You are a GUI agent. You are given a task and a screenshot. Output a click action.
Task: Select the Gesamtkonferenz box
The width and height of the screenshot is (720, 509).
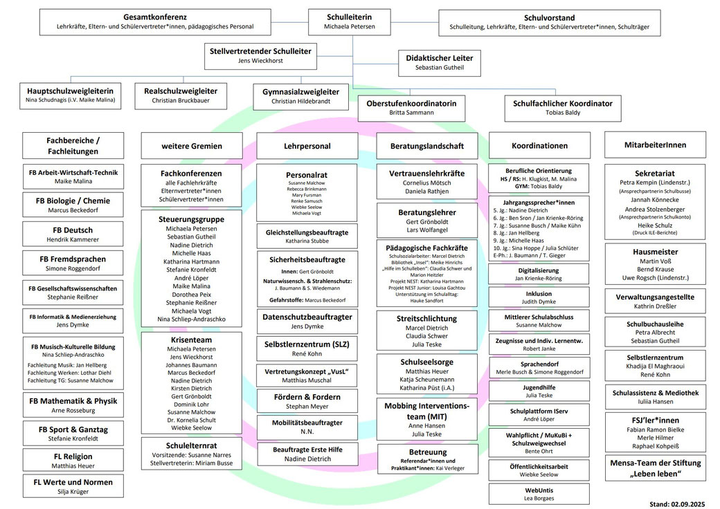pyautogui.click(x=155, y=22)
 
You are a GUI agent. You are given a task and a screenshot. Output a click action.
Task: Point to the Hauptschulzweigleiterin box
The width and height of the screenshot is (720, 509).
pyautogui.click(x=70, y=95)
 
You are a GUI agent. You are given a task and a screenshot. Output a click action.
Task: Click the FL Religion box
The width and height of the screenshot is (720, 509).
pyautogui.click(x=73, y=461)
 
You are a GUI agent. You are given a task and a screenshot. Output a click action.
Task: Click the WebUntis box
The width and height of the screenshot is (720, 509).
pyautogui.click(x=540, y=493)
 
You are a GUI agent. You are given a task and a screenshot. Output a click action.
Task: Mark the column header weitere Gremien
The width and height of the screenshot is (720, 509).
pyautogui.click(x=192, y=146)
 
